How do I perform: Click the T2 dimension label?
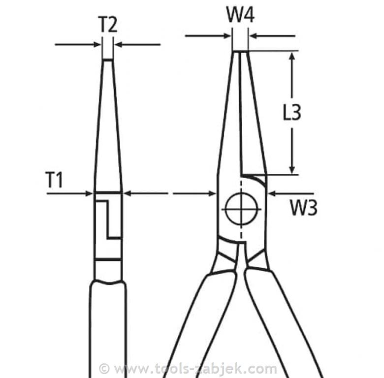point(108,24)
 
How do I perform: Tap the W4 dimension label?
point(240,14)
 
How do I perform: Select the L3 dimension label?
point(292,112)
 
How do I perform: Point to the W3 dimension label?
point(304,207)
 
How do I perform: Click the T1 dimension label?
point(54,180)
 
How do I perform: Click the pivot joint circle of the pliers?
point(241,209)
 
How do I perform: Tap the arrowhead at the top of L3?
point(291,56)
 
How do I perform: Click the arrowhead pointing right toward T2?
point(97,45)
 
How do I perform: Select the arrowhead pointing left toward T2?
point(119,45)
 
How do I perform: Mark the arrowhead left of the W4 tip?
point(227,36)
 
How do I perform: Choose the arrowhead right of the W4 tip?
point(253,36)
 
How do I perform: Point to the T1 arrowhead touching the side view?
point(89,193)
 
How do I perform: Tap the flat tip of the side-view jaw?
point(107,59)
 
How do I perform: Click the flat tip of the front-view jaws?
point(240,51)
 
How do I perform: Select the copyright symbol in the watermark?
point(104,369)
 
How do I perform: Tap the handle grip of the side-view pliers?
point(108,329)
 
